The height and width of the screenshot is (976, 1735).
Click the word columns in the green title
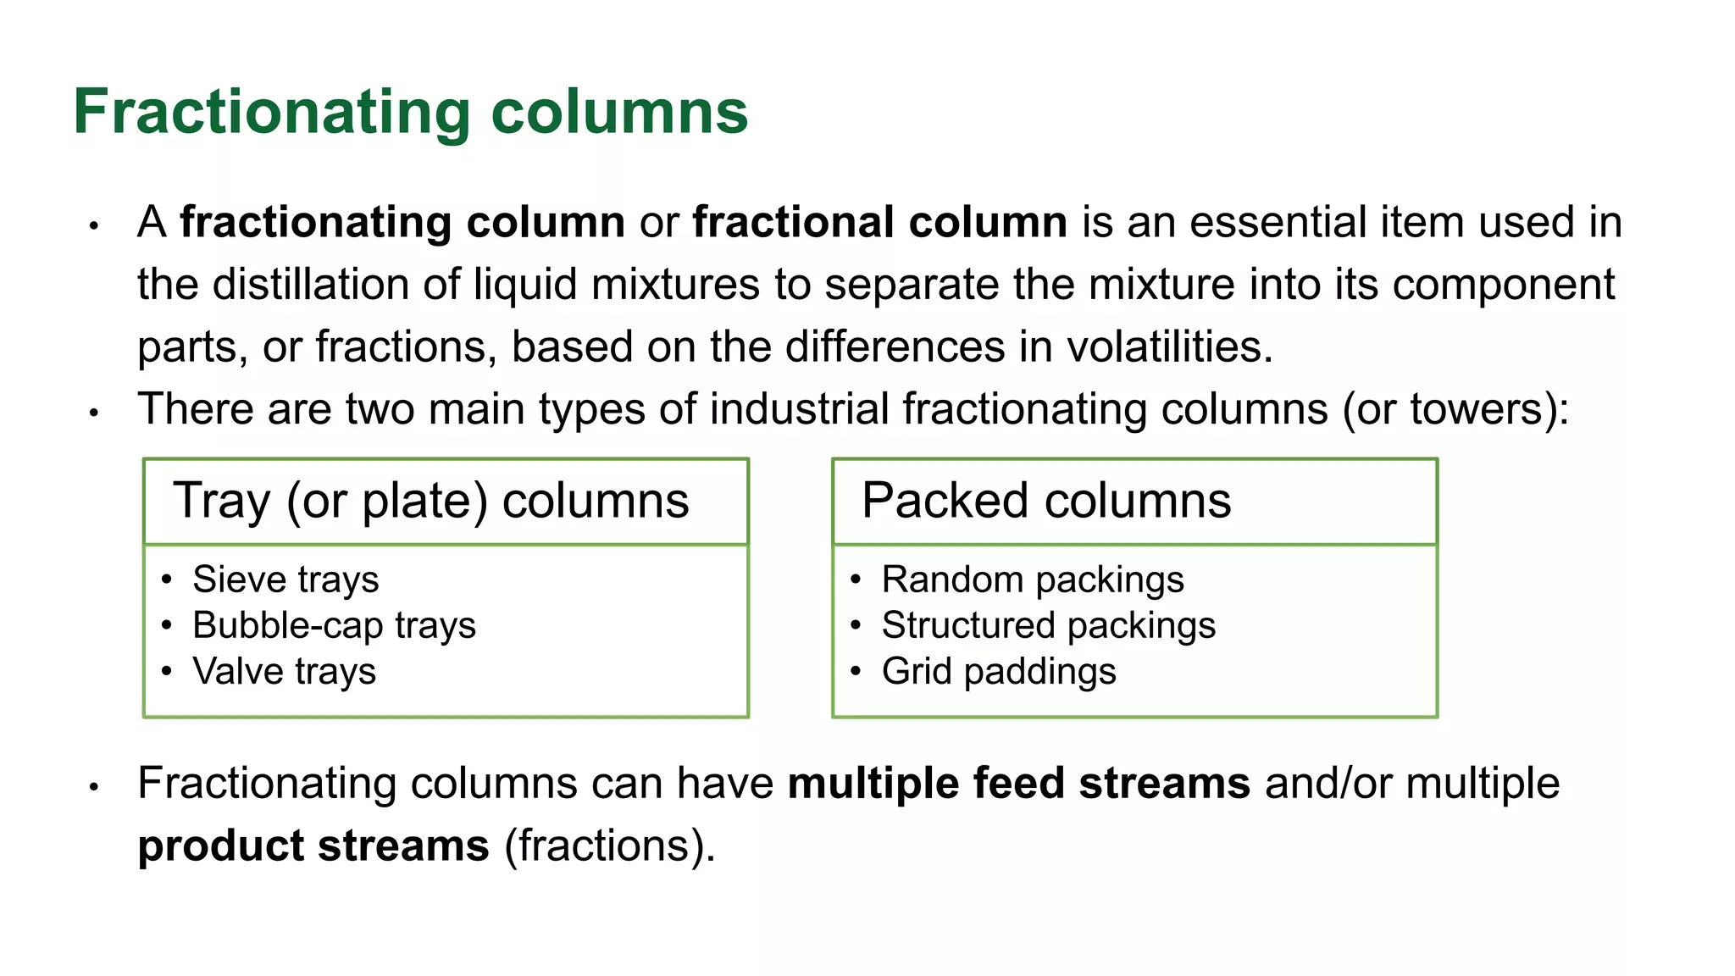(619, 112)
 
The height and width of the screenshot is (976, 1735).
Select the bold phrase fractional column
(879, 222)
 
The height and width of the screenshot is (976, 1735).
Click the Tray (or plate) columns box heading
(430, 501)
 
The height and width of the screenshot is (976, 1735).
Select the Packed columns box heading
(1045, 501)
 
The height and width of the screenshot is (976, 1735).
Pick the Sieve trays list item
(285, 580)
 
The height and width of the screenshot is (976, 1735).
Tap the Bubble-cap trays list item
(334, 626)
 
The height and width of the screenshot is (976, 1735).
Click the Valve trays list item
(284, 672)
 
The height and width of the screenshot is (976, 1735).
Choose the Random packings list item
(1032, 580)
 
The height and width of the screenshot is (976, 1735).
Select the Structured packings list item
(1048, 626)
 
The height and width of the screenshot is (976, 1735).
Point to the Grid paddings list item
(998, 672)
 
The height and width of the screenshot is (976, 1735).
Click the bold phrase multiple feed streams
(1018, 784)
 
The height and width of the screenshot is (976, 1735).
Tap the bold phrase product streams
(313, 846)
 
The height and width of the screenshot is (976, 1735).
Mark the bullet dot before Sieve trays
(167, 580)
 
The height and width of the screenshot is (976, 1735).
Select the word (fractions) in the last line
(609, 846)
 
